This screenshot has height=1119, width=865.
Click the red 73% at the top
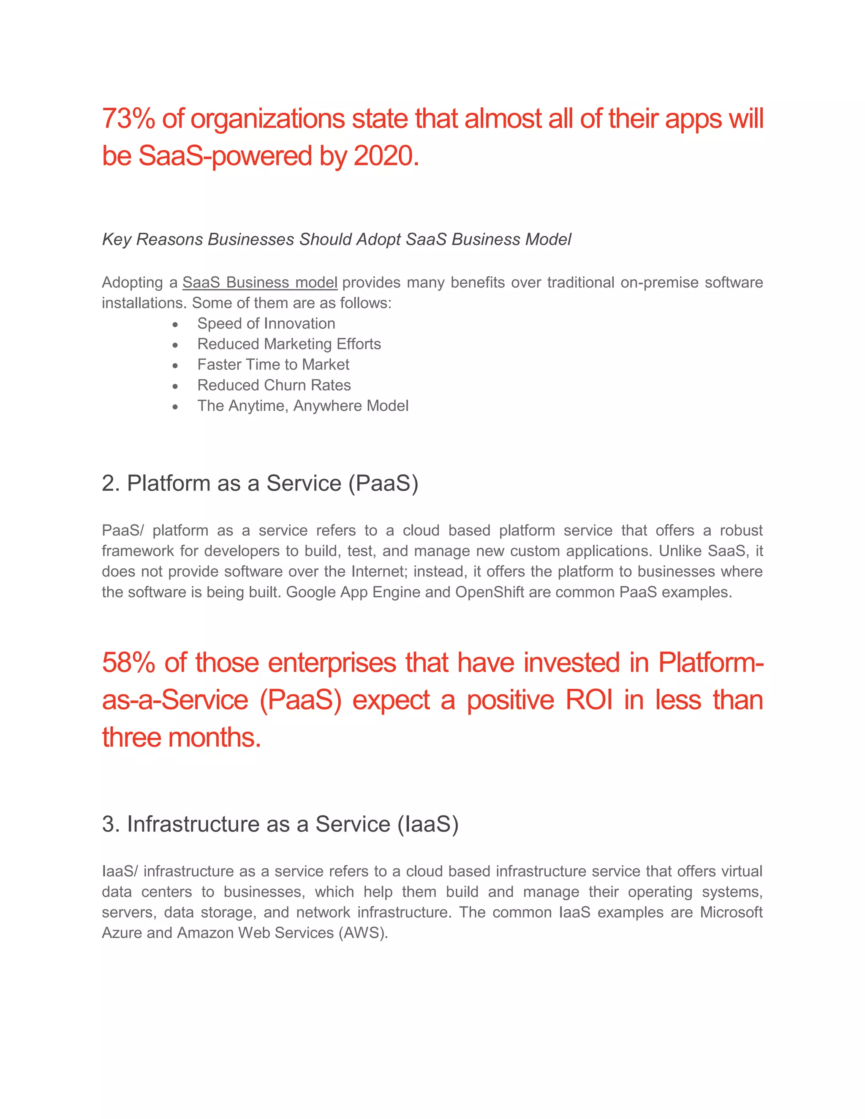(x=128, y=119)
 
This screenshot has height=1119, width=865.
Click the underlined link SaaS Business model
(x=259, y=282)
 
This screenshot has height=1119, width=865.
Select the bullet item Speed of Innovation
(x=266, y=323)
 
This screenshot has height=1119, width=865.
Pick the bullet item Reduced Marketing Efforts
(x=289, y=344)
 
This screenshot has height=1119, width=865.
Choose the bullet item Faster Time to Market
(x=273, y=364)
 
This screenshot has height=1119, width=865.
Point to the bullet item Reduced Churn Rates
(x=274, y=385)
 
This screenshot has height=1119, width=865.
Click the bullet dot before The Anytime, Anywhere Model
(x=175, y=407)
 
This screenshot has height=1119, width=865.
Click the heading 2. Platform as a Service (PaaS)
(x=260, y=483)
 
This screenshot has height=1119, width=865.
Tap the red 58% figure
(x=128, y=663)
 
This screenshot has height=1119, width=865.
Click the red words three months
(x=181, y=737)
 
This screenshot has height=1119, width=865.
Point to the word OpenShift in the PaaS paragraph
(x=490, y=592)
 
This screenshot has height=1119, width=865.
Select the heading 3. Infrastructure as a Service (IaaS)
(x=280, y=824)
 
